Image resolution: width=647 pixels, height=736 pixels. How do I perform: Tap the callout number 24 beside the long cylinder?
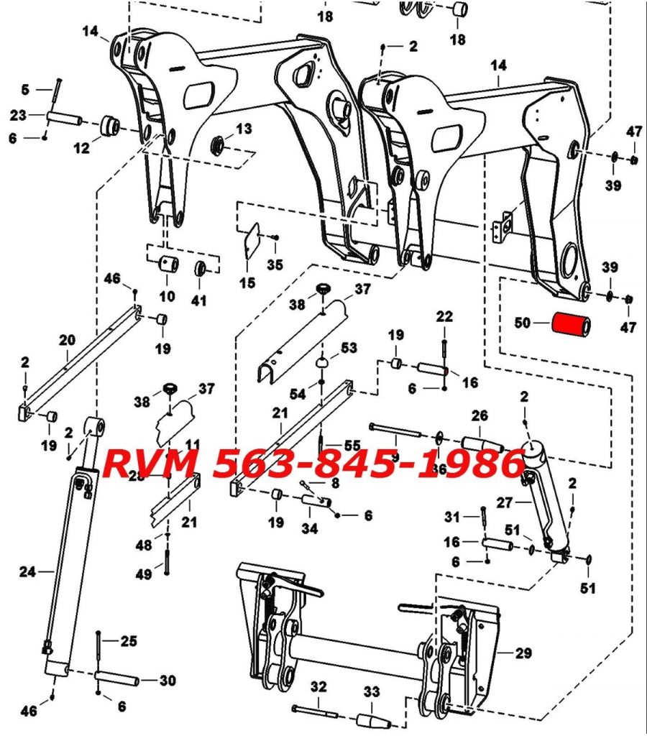click(x=27, y=573)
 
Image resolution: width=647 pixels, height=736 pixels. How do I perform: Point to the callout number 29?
click(x=524, y=653)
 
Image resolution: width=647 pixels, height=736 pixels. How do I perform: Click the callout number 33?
click(x=371, y=693)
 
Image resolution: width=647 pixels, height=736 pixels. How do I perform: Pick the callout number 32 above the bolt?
click(x=319, y=687)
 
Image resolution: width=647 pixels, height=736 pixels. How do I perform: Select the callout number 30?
click(x=167, y=680)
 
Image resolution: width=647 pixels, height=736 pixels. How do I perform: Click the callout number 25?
click(x=129, y=640)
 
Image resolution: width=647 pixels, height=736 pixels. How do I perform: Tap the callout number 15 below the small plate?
click(x=247, y=282)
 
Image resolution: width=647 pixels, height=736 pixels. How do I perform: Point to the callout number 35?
click(x=275, y=264)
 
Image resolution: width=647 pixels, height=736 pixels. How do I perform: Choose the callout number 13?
click(x=244, y=129)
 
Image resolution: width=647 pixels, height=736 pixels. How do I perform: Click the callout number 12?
click(x=81, y=148)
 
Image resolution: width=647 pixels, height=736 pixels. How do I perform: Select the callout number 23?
click(x=18, y=116)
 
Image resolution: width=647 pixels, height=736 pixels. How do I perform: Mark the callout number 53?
click(x=349, y=349)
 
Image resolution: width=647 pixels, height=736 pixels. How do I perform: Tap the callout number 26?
click(x=479, y=415)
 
